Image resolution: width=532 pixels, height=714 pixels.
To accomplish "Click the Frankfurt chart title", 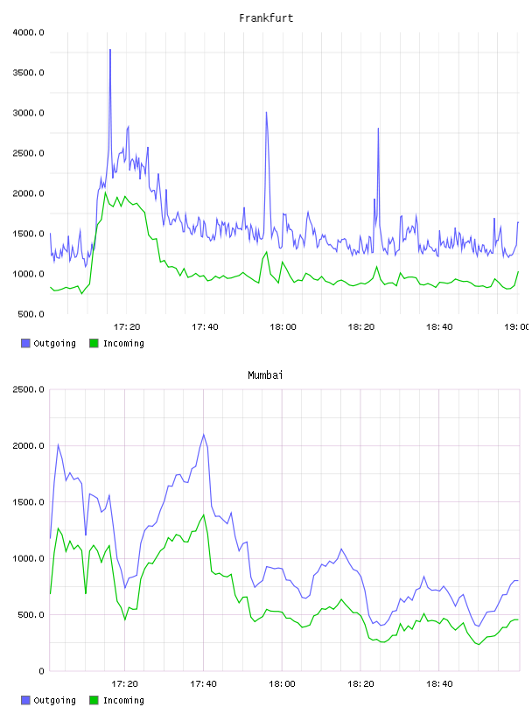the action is coord(266,17).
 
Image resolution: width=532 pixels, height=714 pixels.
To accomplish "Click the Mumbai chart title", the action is coord(265,374).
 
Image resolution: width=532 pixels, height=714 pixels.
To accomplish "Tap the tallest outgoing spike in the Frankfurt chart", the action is coord(110,50).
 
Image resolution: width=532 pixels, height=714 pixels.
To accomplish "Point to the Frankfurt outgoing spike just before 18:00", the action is coord(267,113).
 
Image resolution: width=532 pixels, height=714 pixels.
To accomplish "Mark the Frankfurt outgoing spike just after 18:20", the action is coord(378,129).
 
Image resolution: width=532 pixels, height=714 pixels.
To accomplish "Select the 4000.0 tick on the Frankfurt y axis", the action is coord(29,32).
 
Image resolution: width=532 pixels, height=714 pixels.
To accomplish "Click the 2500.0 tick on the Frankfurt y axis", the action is coord(29,153).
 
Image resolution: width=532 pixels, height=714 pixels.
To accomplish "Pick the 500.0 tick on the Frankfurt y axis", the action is coord(31,314).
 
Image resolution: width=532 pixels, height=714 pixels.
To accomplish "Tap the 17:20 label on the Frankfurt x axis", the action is coord(127,326).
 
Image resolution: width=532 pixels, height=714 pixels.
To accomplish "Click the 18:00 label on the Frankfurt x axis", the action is coord(283,326).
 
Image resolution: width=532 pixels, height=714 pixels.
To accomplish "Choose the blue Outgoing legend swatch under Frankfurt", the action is coord(25,343).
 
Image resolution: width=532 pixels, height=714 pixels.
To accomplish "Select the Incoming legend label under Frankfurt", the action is coord(123,343).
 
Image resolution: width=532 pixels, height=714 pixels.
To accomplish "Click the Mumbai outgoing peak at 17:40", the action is coord(204,435).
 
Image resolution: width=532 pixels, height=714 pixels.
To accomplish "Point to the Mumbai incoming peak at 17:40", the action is coord(204,515).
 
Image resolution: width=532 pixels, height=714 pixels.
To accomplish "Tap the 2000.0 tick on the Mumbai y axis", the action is coord(29,445).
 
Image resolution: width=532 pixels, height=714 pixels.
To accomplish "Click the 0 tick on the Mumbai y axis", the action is coord(41,671).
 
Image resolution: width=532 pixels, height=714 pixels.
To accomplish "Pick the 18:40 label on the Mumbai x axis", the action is coord(439,683).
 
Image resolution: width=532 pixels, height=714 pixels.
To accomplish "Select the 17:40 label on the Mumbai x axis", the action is coord(203,683).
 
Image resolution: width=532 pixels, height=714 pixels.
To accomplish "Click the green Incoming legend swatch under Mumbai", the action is coord(94,700).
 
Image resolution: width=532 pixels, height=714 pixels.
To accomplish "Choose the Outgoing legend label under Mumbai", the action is coord(54,700).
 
